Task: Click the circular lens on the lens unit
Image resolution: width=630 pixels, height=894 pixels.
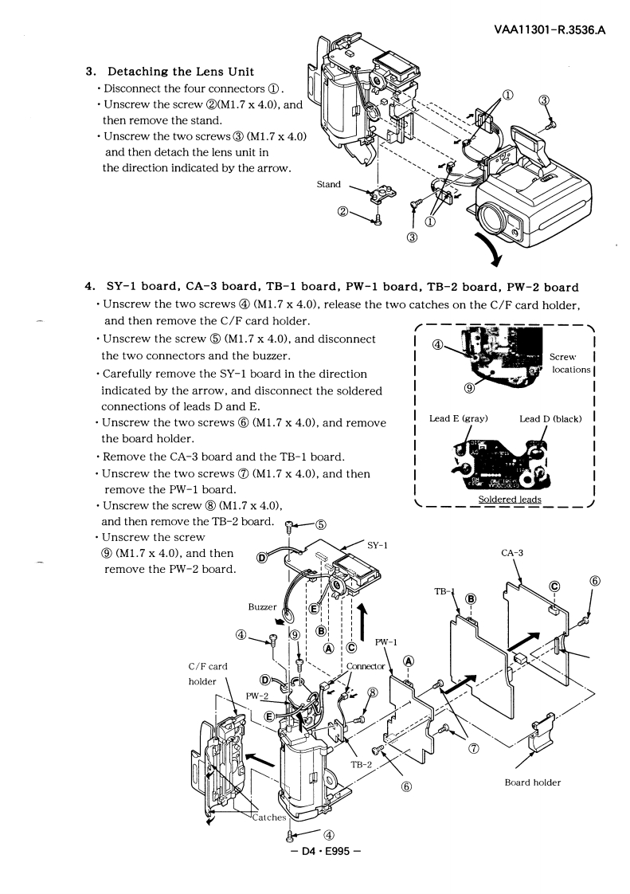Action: [489, 215]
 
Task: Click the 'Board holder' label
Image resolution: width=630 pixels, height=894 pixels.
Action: [533, 782]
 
